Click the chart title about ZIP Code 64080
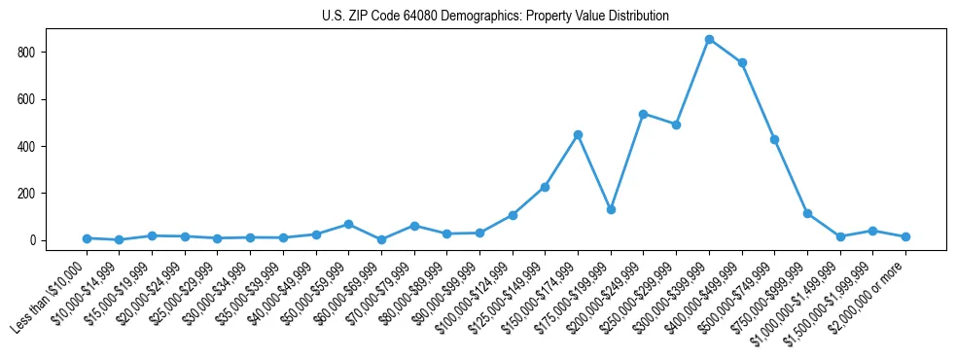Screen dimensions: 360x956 click(x=495, y=17)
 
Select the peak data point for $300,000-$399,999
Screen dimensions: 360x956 click(x=709, y=39)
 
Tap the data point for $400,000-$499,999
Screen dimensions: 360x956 click(x=742, y=62)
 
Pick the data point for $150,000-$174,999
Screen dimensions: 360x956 click(x=578, y=134)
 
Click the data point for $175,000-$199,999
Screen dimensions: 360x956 click(x=611, y=209)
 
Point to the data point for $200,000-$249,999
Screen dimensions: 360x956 click(x=643, y=114)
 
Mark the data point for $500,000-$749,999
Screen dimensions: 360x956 click(x=774, y=139)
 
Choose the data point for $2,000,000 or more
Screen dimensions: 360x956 click(x=905, y=236)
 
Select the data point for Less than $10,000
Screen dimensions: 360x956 click(x=87, y=238)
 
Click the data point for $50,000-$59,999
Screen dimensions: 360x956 click(x=348, y=224)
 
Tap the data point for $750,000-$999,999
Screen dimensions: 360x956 click(x=807, y=213)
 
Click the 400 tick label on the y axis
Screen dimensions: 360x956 click(x=35, y=146)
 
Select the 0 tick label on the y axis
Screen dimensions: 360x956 click(x=40, y=240)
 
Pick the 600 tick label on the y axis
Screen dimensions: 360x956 click(x=35, y=99)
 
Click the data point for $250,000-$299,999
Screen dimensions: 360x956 click(x=676, y=125)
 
